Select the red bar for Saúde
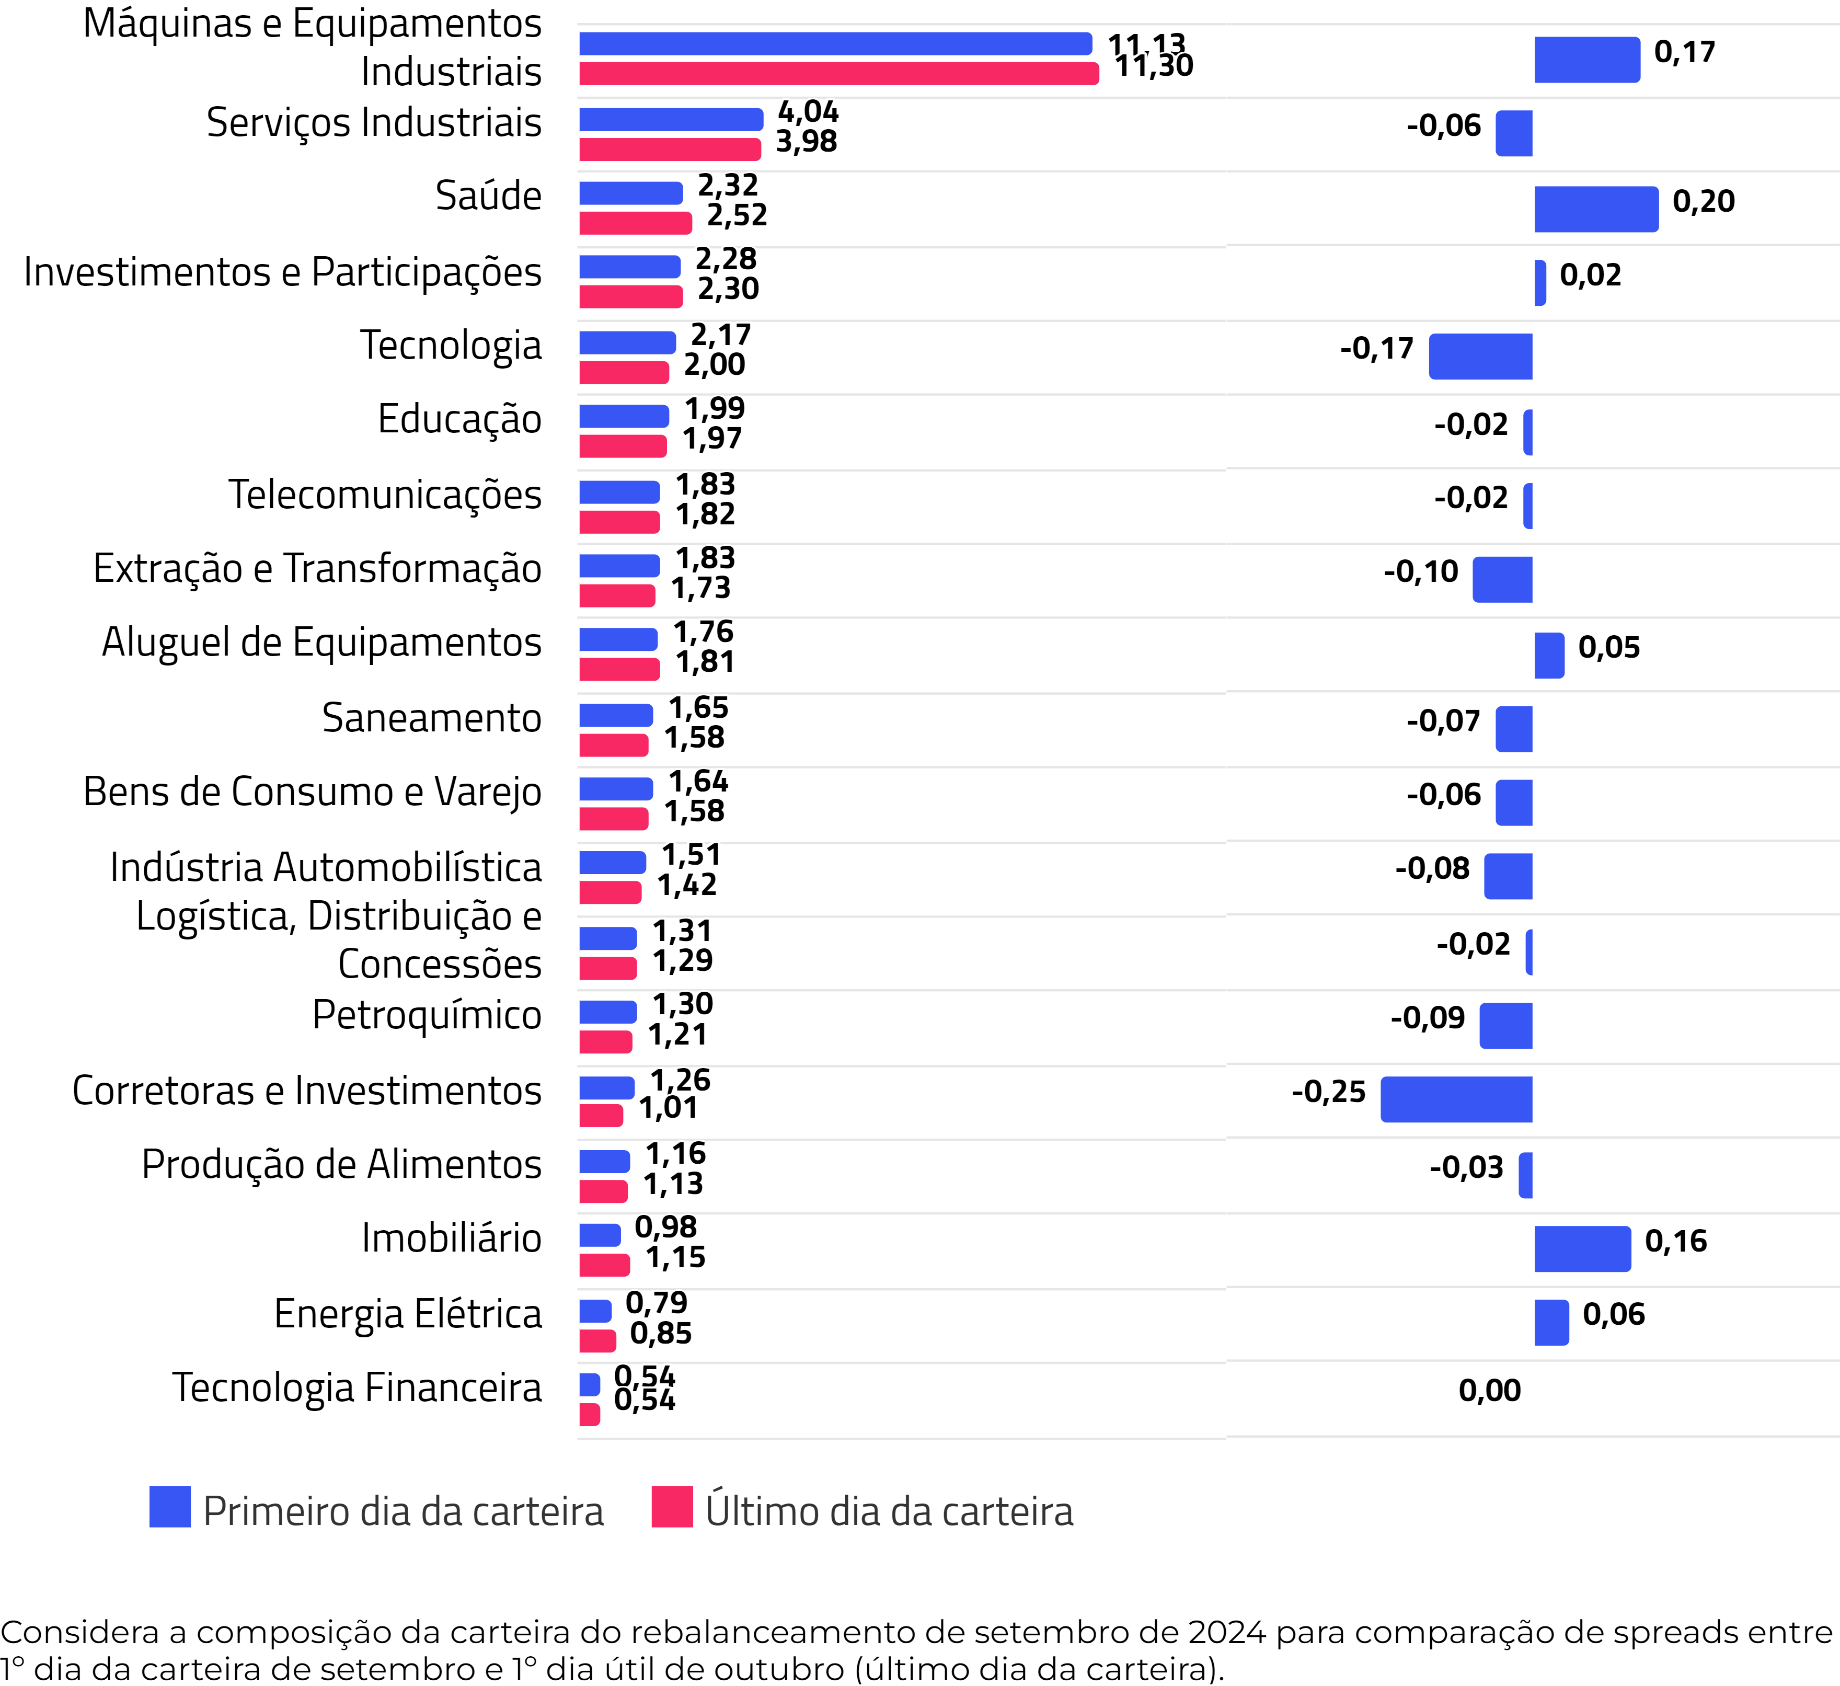pos(635,223)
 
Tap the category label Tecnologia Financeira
pos(357,1387)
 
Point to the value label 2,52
pos(737,215)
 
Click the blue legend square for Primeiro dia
pos(170,1506)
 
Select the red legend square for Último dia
pos(672,1506)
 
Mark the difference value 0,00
pos(1490,1390)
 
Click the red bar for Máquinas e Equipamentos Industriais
pos(839,74)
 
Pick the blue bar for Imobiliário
pos(600,1235)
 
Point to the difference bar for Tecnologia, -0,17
pos(1480,356)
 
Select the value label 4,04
pos(808,111)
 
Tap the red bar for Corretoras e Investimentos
pos(601,1116)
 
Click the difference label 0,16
pos(1676,1241)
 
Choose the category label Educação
pos(459,419)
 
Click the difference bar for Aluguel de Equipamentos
pos(1549,656)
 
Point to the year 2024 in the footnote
pos(1227,1632)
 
